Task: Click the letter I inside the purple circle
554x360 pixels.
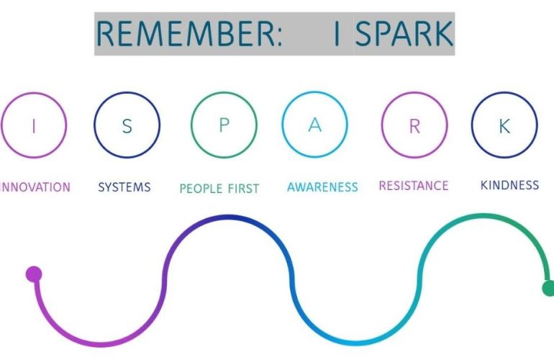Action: coord(33,126)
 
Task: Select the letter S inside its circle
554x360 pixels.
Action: coord(127,126)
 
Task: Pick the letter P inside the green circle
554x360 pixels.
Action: coord(224,125)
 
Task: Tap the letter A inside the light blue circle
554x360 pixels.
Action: coord(314,125)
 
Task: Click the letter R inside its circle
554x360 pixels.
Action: coord(414,126)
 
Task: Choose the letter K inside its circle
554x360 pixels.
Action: coord(504,126)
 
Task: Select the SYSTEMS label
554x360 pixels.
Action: coord(124,187)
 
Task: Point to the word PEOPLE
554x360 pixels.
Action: coord(202,189)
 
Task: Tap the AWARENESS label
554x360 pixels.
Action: coord(322,187)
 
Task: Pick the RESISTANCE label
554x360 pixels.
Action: coord(414,186)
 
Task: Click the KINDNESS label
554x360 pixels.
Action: coord(509,185)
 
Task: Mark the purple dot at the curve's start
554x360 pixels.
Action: coord(34,274)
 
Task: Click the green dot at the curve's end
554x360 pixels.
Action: coord(548,289)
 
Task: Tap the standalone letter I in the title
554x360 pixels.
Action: coord(337,34)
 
